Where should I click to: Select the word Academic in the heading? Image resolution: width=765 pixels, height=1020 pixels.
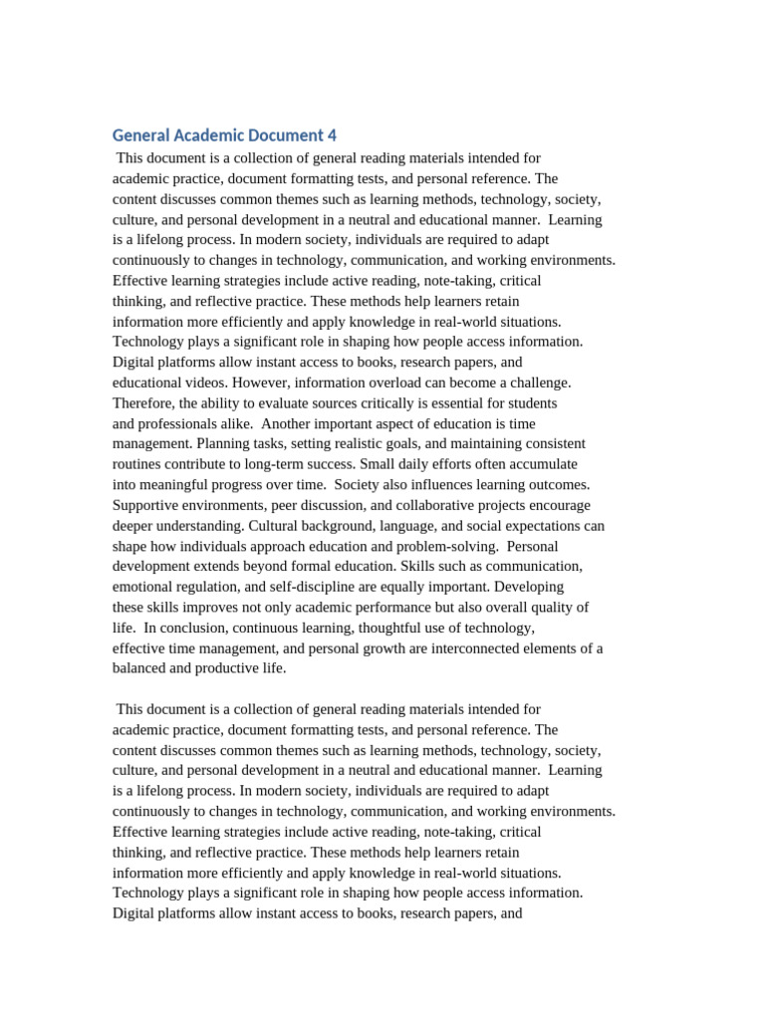(213, 135)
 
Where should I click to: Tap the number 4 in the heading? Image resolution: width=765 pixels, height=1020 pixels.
(332, 135)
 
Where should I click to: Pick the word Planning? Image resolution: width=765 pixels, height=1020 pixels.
(223, 444)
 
